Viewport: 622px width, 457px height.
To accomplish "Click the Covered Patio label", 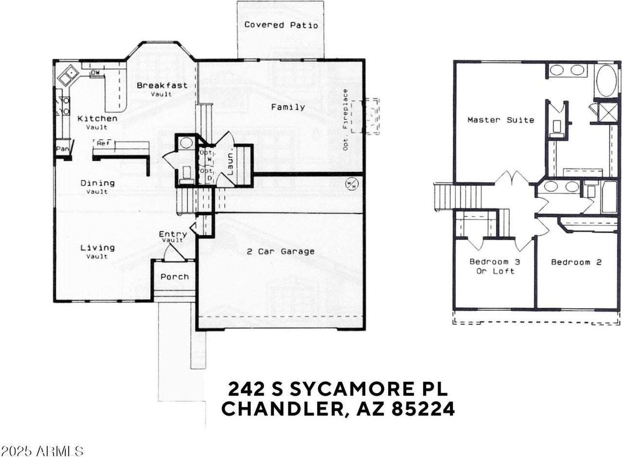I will pos(281,25).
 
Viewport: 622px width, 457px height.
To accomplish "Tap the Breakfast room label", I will pos(162,86).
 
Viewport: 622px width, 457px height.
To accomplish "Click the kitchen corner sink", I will pos(68,75).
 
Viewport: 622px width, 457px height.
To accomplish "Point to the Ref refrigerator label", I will pos(103,143).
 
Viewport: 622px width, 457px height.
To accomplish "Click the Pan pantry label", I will pos(62,149).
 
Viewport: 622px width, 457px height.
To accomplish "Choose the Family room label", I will pos(288,107).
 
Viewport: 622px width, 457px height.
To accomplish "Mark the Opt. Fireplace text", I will pos(346,119).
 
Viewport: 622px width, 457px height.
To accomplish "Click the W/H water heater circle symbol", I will pos(351,184).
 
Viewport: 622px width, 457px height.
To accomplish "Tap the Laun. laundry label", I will pos(230,164).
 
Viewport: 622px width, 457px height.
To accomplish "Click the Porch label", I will pos(174,277).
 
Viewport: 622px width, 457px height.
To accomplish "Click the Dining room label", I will pos(97,184).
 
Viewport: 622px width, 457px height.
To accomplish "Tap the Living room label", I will pos(97,248).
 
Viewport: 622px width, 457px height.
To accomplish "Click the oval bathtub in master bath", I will pos(605,81).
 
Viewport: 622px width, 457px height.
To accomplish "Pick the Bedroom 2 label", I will pos(576,262).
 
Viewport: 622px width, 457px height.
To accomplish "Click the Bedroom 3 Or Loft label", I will pos(495,266).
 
